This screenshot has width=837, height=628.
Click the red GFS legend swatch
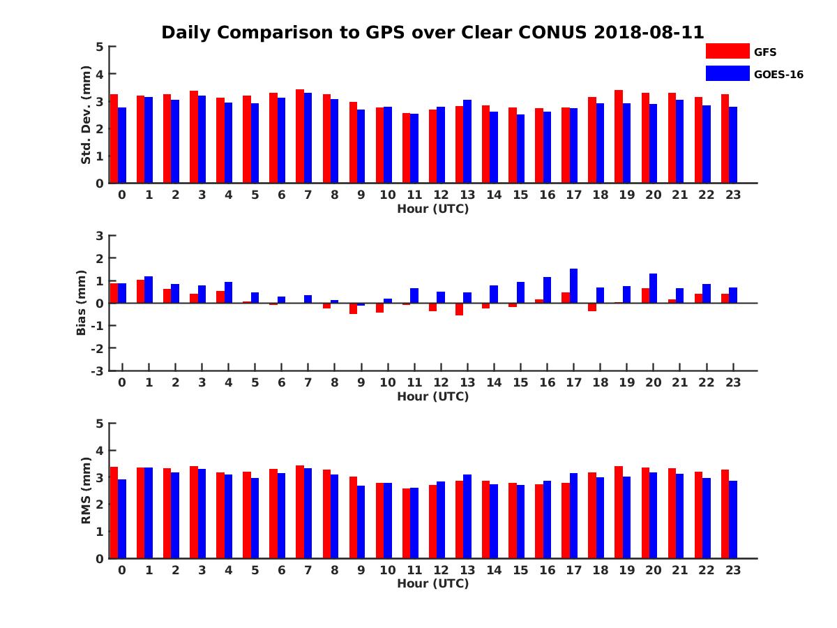(727, 51)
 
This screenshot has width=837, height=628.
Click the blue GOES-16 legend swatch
(727, 73)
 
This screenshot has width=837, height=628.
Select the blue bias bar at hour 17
(573, 286)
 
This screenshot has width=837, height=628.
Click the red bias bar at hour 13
(459, 309)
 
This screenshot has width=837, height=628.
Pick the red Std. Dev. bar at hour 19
(619, 137)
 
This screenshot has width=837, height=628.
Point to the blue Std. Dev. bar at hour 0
(122, 145)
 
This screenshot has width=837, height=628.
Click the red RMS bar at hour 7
(300, 512)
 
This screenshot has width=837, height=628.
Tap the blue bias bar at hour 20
(653, 288)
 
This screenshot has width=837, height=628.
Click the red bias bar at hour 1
(141, 292)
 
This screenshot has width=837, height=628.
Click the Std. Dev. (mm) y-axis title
(86, 115)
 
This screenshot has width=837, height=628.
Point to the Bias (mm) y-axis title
(82, 303)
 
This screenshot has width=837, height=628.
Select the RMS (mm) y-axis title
(86, 491)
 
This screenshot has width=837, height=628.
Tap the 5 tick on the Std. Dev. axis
(100, 47)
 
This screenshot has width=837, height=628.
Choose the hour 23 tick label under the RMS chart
(732, 570)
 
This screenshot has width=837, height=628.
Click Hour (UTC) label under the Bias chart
(432, 396)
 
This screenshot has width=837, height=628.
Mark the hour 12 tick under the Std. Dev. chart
(441, 195)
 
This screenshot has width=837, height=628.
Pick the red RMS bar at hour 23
(725, 514)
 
